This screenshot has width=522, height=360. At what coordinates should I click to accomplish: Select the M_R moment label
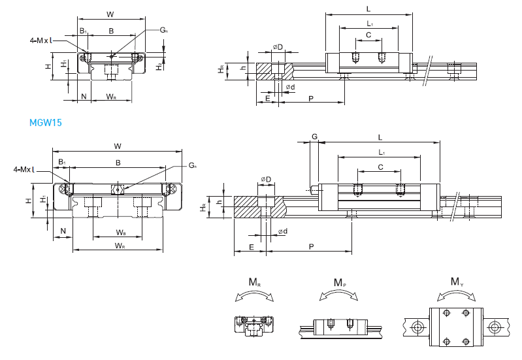(255, 283)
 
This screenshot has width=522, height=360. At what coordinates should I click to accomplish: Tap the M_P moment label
(340, 283)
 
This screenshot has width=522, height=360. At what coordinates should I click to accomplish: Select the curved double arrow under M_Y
(457, 296)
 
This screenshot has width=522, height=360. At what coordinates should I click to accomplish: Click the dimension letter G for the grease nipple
(314, 137)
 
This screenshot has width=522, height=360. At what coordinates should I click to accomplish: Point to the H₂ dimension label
(159, 65)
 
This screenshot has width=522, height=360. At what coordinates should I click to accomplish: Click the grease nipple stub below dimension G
(314, 191)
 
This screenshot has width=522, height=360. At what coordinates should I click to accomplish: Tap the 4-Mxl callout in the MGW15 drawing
(24, 170)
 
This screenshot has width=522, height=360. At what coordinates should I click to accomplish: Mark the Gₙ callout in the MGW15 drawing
(193, 165)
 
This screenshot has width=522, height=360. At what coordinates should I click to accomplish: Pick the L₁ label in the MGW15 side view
(382, 152)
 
